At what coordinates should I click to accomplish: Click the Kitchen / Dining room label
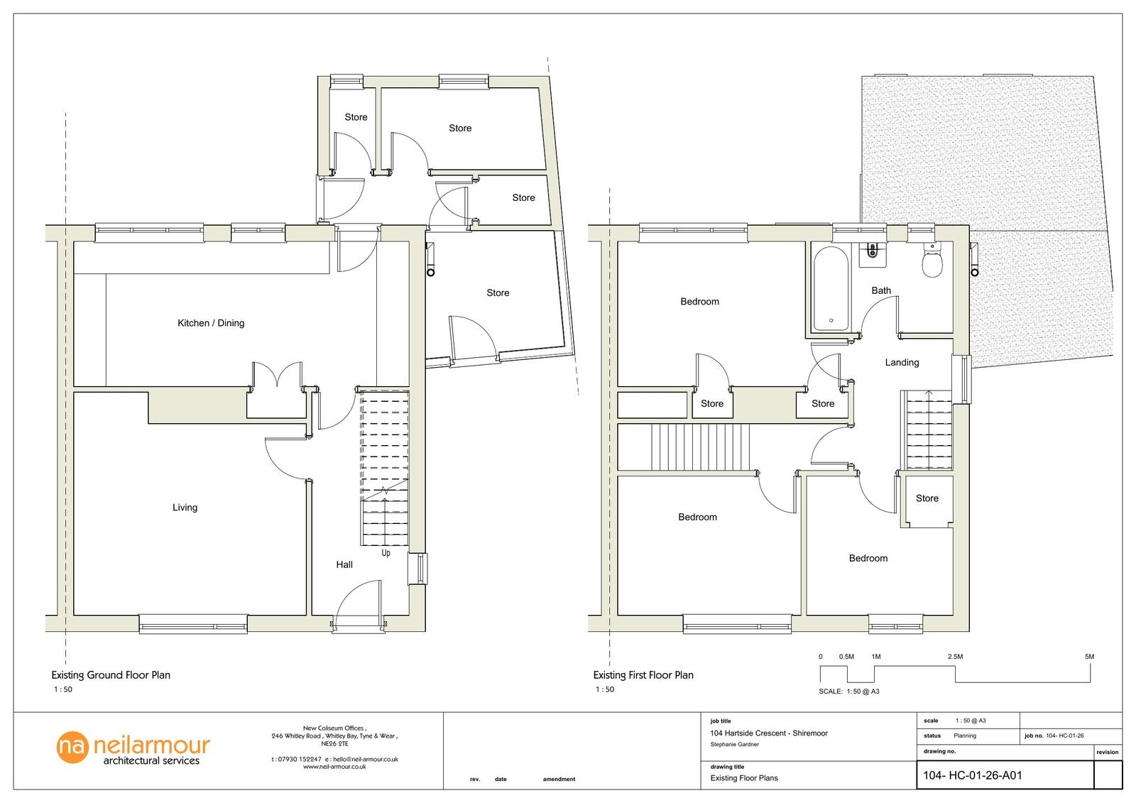point(210,323)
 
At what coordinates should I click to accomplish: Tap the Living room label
point(185,507)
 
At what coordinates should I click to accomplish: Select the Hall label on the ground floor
point(344,564)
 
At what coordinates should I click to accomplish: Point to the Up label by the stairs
point(386,553)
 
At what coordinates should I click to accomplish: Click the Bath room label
point(881,290)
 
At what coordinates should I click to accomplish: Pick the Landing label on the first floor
point(902,362)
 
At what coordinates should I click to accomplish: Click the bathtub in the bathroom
point(831,289)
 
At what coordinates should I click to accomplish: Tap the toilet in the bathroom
point(932,260)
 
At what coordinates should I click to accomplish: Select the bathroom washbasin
point(873,253)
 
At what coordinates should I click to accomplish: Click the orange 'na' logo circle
point(72,747)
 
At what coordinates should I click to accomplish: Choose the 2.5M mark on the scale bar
point(955,657)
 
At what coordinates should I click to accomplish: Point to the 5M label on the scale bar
point(1089,657)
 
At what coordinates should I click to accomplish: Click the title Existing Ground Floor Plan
point(111,675)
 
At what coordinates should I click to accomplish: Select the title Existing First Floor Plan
point(643,675)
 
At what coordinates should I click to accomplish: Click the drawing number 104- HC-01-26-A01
point(972,775)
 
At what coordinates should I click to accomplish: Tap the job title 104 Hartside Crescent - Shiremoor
point(768,733)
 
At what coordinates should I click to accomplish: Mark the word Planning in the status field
point(965,736)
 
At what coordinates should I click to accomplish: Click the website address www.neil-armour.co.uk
point(334,767)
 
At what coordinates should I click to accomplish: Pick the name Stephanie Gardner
point(734,745)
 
